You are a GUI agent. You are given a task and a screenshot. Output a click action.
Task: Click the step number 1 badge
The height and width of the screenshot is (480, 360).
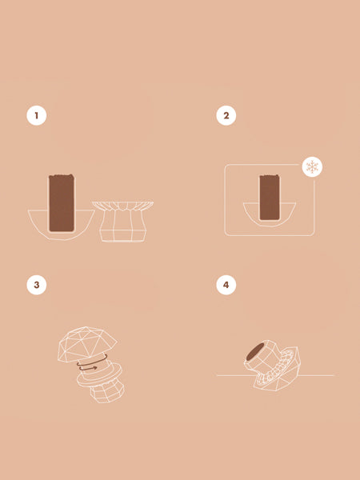[37, 116]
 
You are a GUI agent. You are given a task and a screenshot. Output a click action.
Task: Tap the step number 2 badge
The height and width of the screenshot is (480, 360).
[226, 116]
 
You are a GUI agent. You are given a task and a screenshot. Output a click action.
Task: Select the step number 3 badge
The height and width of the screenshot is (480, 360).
[37, 285]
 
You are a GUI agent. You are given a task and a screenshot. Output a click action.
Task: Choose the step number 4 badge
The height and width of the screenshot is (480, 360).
[226, 285]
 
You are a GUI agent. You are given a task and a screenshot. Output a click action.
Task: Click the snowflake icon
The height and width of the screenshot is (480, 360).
[312, 167]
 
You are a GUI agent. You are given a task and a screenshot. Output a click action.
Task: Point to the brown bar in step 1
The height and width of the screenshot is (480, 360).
[62, 203]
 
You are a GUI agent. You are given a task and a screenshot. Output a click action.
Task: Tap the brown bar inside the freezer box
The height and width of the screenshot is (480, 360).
[270, 198]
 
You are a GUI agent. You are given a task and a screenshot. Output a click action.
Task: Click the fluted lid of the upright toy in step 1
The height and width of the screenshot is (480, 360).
[123, 206]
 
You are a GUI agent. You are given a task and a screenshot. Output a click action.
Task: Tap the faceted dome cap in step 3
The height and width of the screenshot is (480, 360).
[87, 344]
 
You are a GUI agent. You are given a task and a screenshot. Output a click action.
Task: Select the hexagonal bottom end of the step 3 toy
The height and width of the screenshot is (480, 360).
[107, 393]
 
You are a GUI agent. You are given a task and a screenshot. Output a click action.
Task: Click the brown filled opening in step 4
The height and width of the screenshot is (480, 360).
[255, 351]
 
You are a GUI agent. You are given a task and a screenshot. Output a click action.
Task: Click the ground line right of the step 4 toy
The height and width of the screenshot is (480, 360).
[316, 375]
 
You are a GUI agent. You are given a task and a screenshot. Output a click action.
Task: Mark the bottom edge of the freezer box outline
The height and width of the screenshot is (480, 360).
[270, 235]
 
